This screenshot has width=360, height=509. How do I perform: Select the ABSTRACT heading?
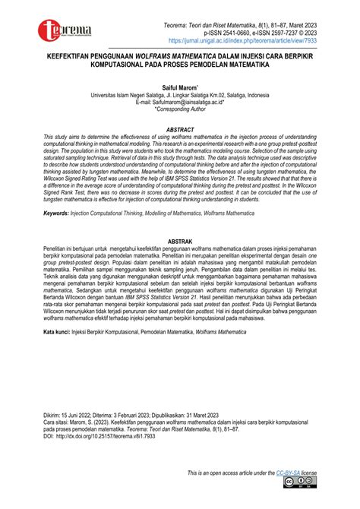(x=180, y=129)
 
